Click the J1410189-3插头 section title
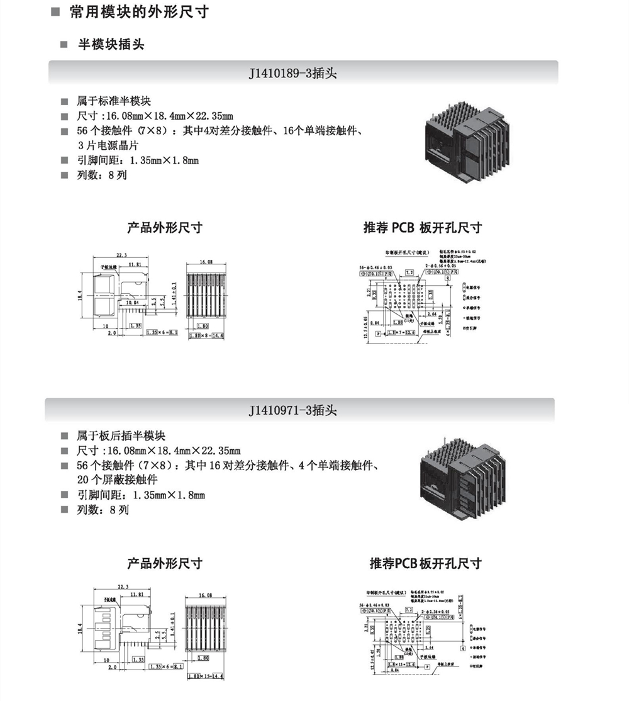point(293,73)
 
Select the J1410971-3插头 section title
point(293,410)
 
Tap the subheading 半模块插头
point(111,45)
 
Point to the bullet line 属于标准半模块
point(113,101)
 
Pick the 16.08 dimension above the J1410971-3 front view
point(206,595)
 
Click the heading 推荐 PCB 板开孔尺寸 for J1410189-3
point(422,228)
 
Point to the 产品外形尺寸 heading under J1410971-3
point(165,563)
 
